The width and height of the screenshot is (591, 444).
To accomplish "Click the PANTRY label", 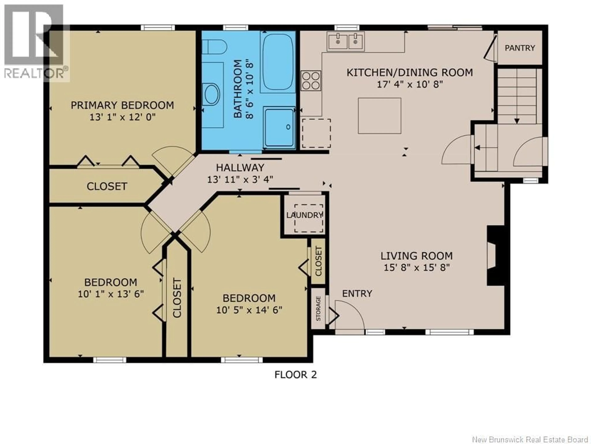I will (x=520, y=48).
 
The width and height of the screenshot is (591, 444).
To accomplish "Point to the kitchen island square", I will (x=379, y=116).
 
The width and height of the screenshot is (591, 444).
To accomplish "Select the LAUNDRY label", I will (x=305, y=215).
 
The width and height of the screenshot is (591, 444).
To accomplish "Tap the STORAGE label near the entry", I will (x=318, y=309).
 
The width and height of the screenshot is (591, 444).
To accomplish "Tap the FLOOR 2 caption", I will (x=295, y=374).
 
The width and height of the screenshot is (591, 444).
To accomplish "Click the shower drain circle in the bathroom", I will (x=288, y=127).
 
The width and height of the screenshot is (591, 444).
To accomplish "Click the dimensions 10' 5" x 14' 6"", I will (x=249, y=310).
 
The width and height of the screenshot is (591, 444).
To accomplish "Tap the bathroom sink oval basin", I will (x=211, y=94).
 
